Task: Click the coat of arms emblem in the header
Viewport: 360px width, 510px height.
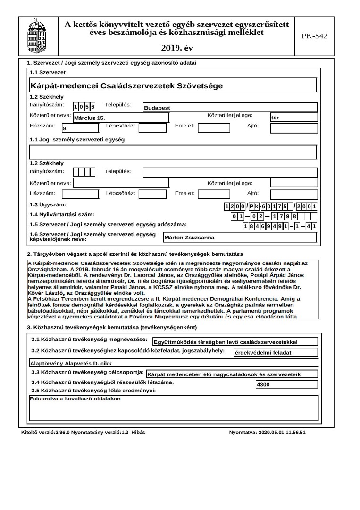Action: [x=38, y=36]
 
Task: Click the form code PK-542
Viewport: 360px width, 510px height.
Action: [x=314, y=36]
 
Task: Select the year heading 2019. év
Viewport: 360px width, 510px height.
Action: [x=176, y=48]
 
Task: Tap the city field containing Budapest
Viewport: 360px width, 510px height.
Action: [x=230, y=108]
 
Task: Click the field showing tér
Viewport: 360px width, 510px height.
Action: [x=293, y=117]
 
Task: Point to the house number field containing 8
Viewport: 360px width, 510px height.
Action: [x=80, y=128]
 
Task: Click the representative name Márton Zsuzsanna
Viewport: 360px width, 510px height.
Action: [x=240, y=238]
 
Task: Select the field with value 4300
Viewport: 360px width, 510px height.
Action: [x=285, y=385]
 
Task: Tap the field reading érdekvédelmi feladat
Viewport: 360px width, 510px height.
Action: [x=275, y=352]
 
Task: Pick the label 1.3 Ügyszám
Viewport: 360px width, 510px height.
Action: [x=48, y=205]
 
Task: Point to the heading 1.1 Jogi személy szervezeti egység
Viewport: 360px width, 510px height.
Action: [x=77, y=140]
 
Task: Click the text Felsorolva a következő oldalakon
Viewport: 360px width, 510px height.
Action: [x=75, y=399]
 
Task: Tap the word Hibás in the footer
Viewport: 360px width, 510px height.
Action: [x=138, y=433]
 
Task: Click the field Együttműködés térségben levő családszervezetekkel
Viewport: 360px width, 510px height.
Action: [x=235, y=342]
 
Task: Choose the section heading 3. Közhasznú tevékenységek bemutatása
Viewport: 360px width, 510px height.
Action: [x=112, y=327]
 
